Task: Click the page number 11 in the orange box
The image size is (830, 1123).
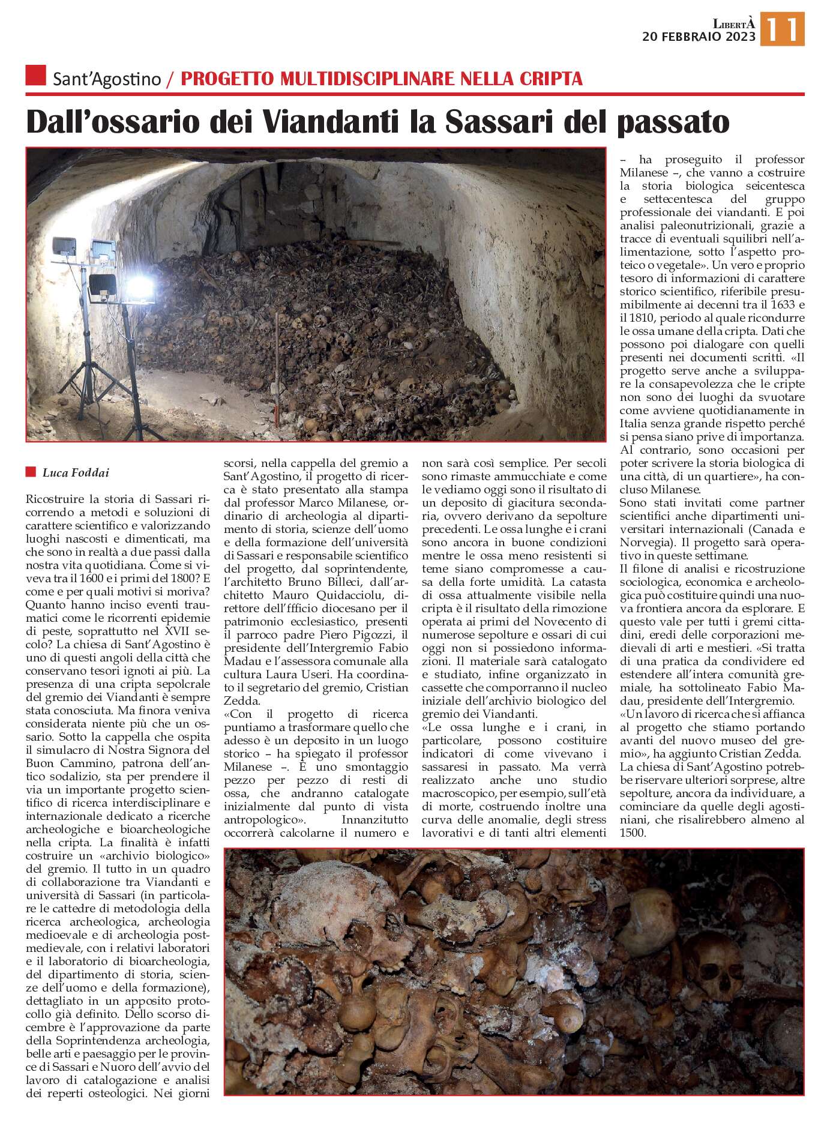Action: click(x=782, y=30)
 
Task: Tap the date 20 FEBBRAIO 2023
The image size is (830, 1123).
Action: click(x=699, y=37)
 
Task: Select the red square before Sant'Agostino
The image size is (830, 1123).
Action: click(x=36, y=76)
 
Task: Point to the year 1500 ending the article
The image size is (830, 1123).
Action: click(x=631, y=833)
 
